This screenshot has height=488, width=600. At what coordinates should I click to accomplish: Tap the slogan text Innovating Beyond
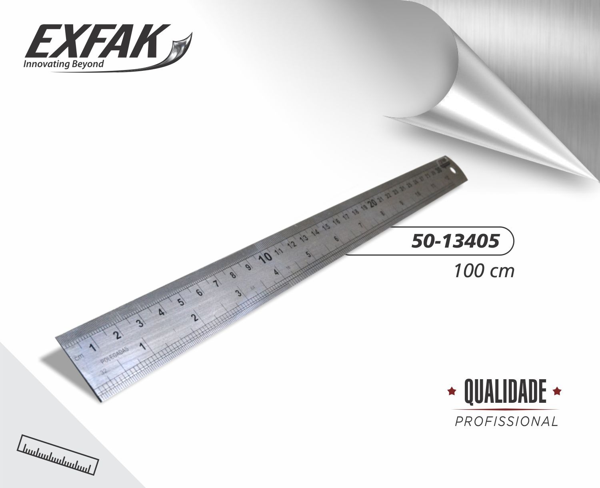pyautogui.click(x=64, y=64)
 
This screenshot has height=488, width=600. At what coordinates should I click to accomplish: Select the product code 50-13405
pyautogui.click(x=455, y=241)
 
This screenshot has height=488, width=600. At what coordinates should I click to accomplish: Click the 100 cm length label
pyautogui.click(x=483, y=271)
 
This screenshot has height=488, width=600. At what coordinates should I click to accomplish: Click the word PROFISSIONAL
pyautogui.click(x=506, y=422)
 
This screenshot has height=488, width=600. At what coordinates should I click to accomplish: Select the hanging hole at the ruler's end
pyautogui.click(x=453, y=171)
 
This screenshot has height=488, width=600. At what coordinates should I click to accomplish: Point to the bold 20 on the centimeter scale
pyautogui.click(x=373, y=203)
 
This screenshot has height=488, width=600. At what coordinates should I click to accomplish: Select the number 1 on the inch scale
pyautogui.click(x=142, y=346)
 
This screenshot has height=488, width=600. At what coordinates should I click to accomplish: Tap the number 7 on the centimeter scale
pyautogui.click(x=216, y=284)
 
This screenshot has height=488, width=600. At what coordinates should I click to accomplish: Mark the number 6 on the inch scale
pyautogui.click(x=336, y=239)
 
